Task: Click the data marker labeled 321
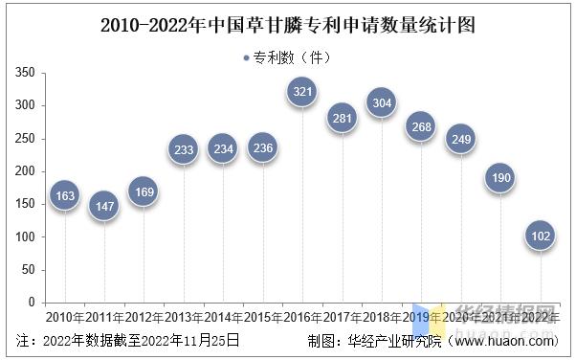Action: [x=302, y=92]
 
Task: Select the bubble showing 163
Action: [x=64, y=195]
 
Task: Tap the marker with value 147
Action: [x=103, y=206]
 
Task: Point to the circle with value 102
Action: [x=541, y=236]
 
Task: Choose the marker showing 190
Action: [x=500, y=178]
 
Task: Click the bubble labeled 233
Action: [x=183, y=149]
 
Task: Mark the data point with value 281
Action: [x=342, y=118]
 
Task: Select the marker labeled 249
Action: [x=461, y=140]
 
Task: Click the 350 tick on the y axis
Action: [x=26, y=73]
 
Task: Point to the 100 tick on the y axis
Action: [x=26, y=236]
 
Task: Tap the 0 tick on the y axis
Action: [x=32, y=302]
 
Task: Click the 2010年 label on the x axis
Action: [x=64, y=317]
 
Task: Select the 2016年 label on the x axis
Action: [x=302, y=317]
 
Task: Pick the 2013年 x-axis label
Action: [x=183, y=317]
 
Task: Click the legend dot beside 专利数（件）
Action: [x=246, y=58]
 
